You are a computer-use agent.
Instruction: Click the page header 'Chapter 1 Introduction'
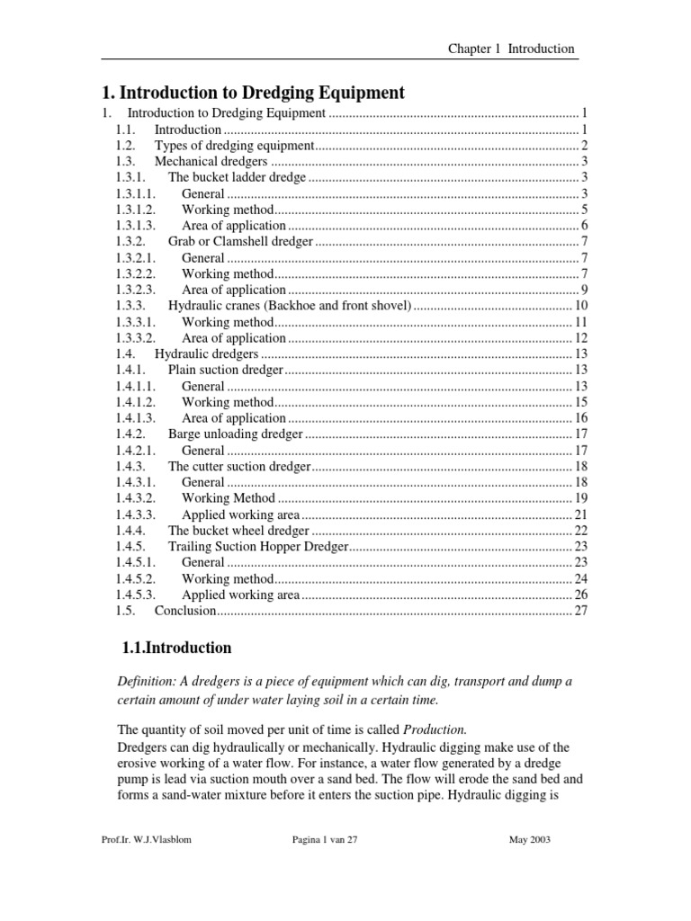(511, 49)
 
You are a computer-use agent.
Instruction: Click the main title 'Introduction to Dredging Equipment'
(255, 92)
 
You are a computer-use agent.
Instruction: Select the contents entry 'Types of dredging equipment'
(234, 146)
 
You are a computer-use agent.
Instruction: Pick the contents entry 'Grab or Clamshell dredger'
(241, 242)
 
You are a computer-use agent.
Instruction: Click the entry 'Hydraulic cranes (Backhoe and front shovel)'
(290, 307)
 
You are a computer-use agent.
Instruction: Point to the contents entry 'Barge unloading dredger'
(236, 434)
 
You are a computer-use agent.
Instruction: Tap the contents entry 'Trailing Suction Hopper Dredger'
(257, 547)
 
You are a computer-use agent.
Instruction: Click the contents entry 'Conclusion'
(185, 611)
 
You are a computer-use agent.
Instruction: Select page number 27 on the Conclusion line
(580, 611)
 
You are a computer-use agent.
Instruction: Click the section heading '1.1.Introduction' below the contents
(176, 648)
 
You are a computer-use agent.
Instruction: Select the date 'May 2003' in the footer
(529, 840)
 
